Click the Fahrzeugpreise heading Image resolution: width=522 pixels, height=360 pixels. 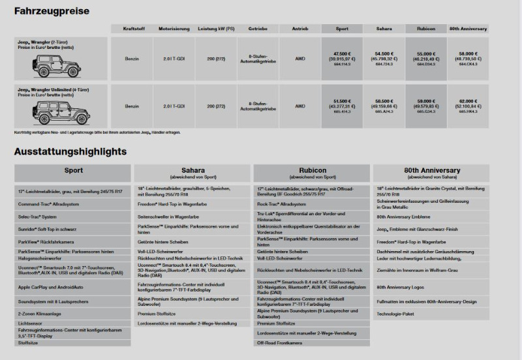pos(52,11)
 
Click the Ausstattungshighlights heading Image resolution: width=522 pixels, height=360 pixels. pos(70,152)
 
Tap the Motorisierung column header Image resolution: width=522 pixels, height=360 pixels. pos(174,29)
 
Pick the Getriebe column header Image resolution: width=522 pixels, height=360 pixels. pos(258,29)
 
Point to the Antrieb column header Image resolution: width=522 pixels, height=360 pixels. pos(299,29)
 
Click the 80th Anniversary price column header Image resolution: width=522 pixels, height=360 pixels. pos(468,29)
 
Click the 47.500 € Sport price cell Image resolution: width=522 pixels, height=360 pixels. pos(342,53)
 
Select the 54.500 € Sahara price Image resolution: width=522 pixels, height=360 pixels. pos(384,53)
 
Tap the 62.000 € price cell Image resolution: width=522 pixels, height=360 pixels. pos(468,100)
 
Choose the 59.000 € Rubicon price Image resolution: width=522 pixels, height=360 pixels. pos(426,100)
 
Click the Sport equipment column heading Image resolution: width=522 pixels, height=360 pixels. pos(73,171)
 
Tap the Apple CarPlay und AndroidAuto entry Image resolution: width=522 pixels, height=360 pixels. pos(47,287)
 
